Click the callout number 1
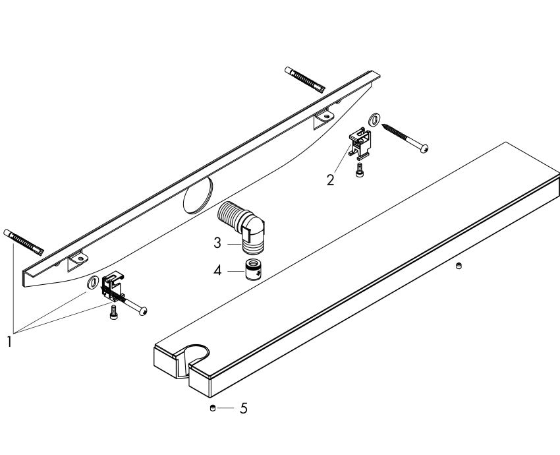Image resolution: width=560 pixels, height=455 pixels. pos(9,342)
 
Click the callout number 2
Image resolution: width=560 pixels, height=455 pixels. pos(329,178)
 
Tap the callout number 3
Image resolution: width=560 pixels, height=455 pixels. pos(217,243)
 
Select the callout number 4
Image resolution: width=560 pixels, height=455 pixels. pos(217,270)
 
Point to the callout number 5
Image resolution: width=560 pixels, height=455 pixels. pos(243,408)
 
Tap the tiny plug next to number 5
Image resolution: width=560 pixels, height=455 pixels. pos(212,409)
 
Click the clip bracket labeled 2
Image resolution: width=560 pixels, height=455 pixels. pos(360,142)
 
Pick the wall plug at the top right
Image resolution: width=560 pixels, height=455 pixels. pos(304,79)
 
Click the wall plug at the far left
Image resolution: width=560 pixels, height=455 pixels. pos(24,242)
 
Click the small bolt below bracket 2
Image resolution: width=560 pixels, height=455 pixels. pos(358,170)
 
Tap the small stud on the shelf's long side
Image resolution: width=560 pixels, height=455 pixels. pos(459,266)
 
